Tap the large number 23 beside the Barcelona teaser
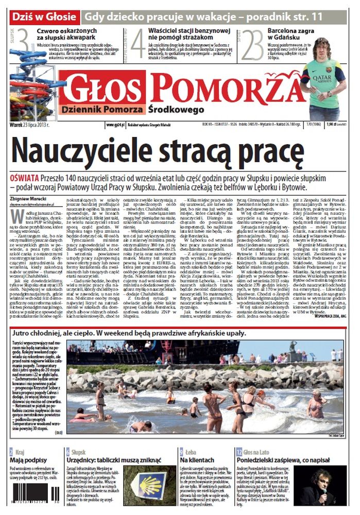(252, 45)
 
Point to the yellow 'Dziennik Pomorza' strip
(102, 110)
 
